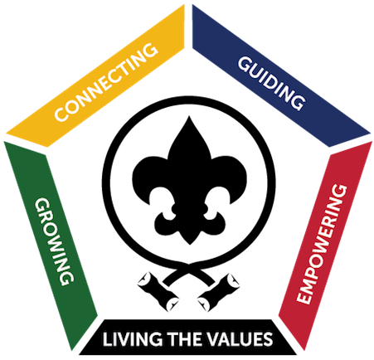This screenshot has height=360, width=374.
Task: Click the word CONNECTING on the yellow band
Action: (x=106, y=82)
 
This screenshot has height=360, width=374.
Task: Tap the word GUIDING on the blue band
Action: (x=272, y=84)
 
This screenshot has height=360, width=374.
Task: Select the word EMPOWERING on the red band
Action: (x=322, y=244)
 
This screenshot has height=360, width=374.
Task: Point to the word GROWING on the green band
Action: (x=54, y=241)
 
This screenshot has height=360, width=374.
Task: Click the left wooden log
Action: (x=158, y=291)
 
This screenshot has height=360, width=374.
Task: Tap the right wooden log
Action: (x=219, y=292)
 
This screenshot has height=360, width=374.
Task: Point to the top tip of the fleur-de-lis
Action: (x=189, y=116)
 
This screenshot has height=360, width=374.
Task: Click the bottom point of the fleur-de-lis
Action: (x=190, y=245)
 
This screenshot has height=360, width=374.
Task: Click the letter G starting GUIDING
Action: (x=245, y=64)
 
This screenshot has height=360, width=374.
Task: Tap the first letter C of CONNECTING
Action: (x=61, y=114)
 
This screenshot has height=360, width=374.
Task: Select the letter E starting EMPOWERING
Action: (x=304, y=298)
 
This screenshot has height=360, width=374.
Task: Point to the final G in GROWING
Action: (x=67, y=279)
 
